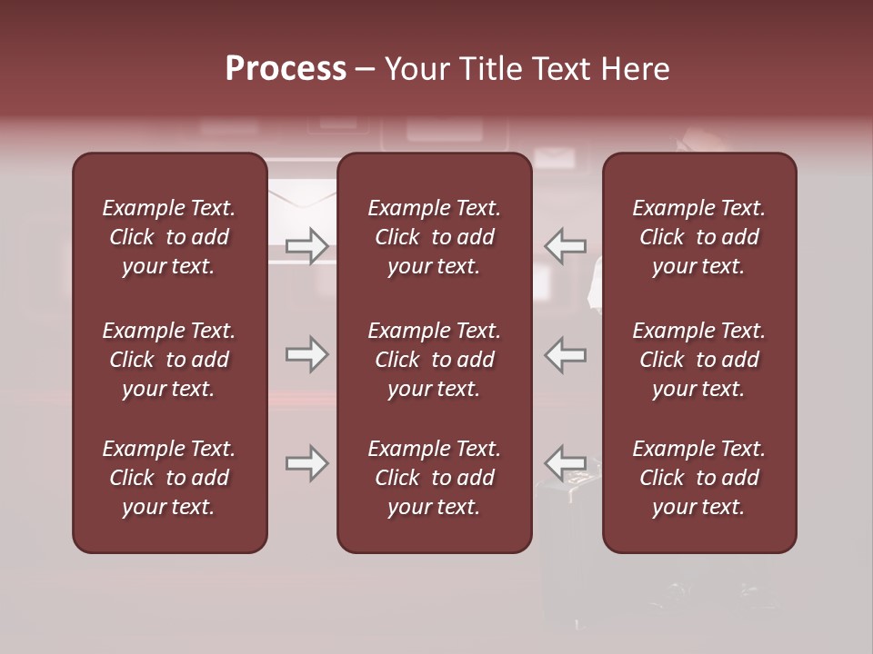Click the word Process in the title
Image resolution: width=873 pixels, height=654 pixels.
tap(286, 68)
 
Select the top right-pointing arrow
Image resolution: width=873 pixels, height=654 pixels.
tap(306, 245)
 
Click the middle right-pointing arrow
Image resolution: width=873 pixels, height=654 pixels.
tap(306, 354)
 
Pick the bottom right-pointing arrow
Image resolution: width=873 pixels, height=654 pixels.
tap(306, 463)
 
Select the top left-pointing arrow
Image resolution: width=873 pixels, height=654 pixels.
tap(566, 245)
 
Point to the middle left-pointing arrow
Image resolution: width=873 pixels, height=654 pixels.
tap(566, 354)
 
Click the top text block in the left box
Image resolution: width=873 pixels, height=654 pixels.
tap(169, 237)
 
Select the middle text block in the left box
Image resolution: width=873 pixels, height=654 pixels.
tap(169, 360)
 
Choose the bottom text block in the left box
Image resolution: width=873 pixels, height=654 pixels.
tap(169, 478)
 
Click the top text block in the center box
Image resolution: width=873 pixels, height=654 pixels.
tap(435, 237)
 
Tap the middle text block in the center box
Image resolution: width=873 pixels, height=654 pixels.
tap(435, 360)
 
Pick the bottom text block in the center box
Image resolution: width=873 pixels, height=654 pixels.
tap(435, 478)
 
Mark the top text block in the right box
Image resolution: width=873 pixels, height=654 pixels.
tap(699, 237)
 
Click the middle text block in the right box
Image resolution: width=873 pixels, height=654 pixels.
tap(699, 360)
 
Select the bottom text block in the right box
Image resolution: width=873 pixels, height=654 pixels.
tap(699, 478)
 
